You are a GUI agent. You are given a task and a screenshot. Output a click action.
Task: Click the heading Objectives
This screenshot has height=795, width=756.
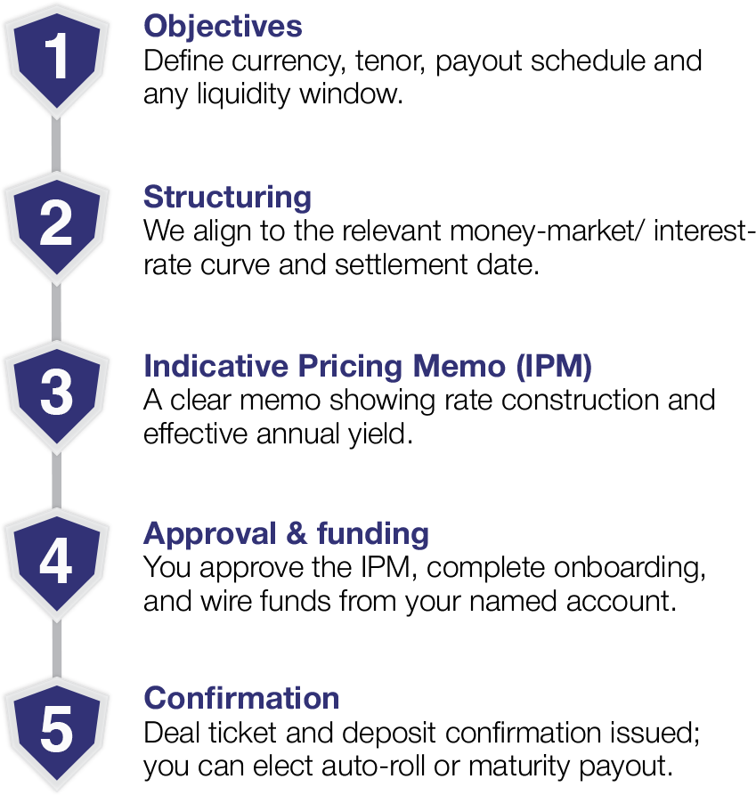pyautogui.click(x=223, y=27)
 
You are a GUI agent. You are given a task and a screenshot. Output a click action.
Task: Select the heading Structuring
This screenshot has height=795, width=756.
pyautogui.click(x=227, y=196)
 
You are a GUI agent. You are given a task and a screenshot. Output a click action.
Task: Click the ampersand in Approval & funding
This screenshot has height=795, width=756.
pyautogui.click(x=298, y=534)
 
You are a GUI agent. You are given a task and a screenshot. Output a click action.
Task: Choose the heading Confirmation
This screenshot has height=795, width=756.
pyautogui.click(x=241, y=697)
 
